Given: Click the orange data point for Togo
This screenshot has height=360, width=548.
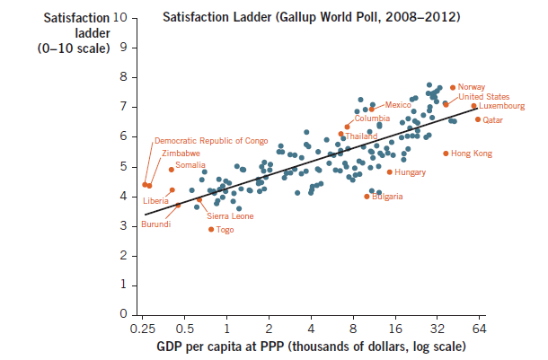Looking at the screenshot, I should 211,229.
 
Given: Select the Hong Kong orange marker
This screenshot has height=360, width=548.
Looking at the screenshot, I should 446,154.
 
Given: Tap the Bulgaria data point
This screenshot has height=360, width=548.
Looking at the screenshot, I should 367,197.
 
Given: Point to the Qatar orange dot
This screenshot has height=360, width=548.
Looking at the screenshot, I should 478,119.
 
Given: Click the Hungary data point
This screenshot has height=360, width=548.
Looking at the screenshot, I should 389,171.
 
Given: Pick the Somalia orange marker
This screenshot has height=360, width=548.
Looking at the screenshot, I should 172,170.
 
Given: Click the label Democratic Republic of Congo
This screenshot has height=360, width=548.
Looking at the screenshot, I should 211,141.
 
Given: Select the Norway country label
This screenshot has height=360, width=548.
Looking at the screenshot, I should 472,87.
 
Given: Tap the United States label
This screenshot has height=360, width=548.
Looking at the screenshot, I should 484,97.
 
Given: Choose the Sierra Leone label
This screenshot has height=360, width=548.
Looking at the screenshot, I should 230,216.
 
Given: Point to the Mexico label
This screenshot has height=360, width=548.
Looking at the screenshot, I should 398,106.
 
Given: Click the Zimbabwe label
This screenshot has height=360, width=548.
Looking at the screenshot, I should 181,154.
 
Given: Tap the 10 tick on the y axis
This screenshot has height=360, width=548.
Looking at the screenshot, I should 121,18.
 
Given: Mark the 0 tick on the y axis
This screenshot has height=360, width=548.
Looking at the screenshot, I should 125,315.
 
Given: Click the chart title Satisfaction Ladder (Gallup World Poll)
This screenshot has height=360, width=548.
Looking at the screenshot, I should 312,17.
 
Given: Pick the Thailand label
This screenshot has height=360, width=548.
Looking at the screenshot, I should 362,136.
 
